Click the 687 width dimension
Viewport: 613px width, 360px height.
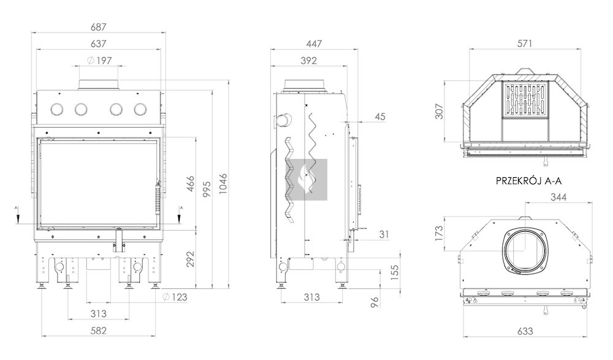pos(99,27)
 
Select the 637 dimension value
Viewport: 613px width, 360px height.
pos(99,44)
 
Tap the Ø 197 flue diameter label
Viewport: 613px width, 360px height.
pos(99,60)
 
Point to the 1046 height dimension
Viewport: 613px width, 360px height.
pos(223,185)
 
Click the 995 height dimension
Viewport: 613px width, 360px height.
pos(206,190)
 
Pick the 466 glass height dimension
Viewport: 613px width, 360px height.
pos(190,184)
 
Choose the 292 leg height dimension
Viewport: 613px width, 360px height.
pos(190,259)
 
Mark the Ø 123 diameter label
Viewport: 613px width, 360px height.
pos(175,297)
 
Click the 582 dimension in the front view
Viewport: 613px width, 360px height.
pos(99,331)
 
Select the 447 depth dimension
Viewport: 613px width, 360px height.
pos(314,44)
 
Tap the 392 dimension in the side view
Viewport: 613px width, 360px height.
pos(309,61)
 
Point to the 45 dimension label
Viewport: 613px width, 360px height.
pos(380,116)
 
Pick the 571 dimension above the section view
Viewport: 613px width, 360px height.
pos(525,44)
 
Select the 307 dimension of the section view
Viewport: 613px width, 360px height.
pos(440,111)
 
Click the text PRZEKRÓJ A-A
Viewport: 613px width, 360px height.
pos(528,181)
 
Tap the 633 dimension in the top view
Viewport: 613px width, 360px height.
pos(525,331)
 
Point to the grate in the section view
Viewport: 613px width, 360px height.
pos(525,99)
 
